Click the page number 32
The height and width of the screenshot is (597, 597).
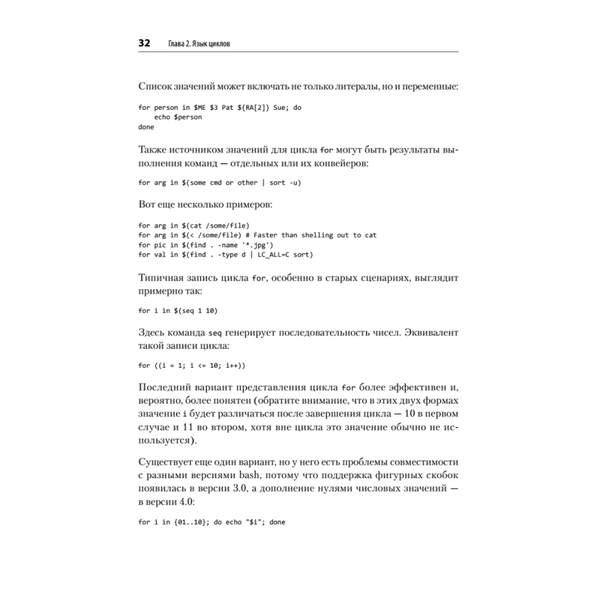144,44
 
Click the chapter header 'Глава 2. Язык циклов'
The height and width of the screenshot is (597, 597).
198,44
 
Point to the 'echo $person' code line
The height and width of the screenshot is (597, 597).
177,117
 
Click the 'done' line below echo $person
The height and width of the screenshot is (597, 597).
146,127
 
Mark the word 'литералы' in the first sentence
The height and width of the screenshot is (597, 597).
347,86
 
